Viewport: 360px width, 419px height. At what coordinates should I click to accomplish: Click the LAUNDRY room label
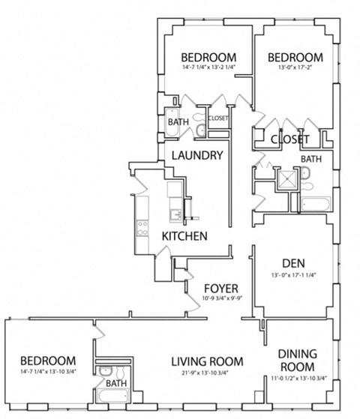[x=196, y=156]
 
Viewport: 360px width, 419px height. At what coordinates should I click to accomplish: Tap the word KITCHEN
[x=184, y=236]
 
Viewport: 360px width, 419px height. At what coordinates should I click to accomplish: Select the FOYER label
[x=222, y=288]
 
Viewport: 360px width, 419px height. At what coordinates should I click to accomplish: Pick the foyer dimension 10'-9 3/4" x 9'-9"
[x=221, y=299]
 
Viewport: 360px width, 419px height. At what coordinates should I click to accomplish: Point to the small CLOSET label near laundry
[x=218, y=118]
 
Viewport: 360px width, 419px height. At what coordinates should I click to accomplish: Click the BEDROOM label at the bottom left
[x=47, y=360]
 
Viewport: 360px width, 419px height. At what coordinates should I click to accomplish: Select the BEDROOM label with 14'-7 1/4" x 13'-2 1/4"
[x=209, y=57]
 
